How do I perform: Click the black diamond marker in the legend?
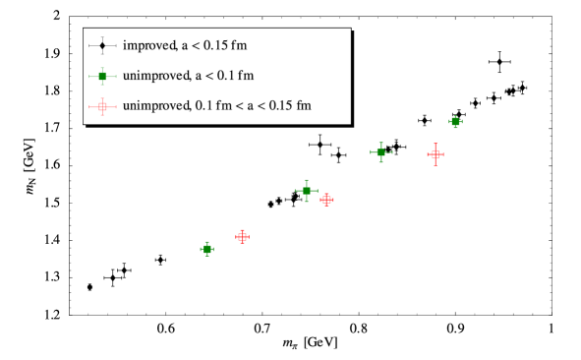tap(102, 46)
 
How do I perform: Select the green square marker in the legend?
tap(102, 76)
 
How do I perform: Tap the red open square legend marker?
tap(102, 105)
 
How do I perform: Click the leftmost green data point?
tap(207, 250)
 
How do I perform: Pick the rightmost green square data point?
tap(455, 122)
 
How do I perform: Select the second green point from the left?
tap(307, 191)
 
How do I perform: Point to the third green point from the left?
tap(380, 152)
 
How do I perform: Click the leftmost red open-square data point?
tap(243, 237)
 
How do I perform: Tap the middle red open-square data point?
tap(327, 200)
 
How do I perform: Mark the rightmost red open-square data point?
tap(436, 154)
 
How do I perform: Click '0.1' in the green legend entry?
tap(227, 76)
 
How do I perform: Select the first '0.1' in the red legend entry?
tap(205, 105)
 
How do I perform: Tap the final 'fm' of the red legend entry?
tap(304, 105)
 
